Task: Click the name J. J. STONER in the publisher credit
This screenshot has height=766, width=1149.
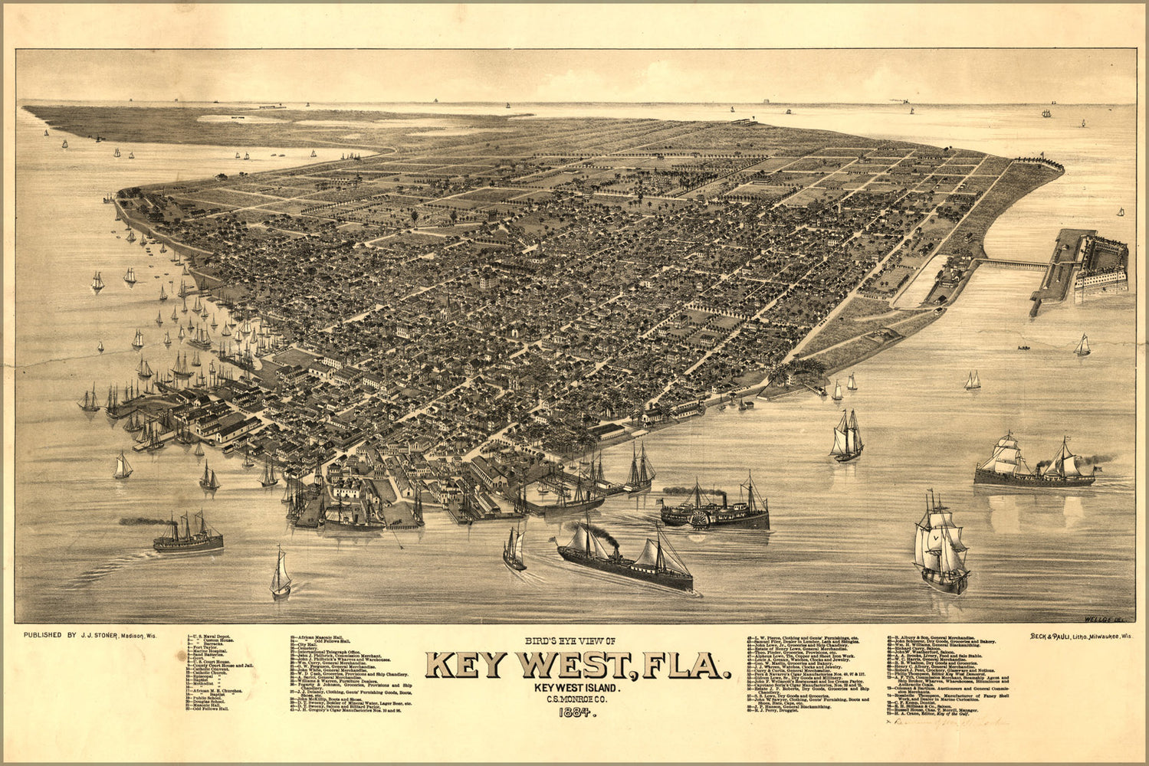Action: click(99, 635)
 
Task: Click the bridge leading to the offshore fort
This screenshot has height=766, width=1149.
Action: click(1011, 264)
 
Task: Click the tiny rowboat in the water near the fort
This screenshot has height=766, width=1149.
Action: click(1023, 348)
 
